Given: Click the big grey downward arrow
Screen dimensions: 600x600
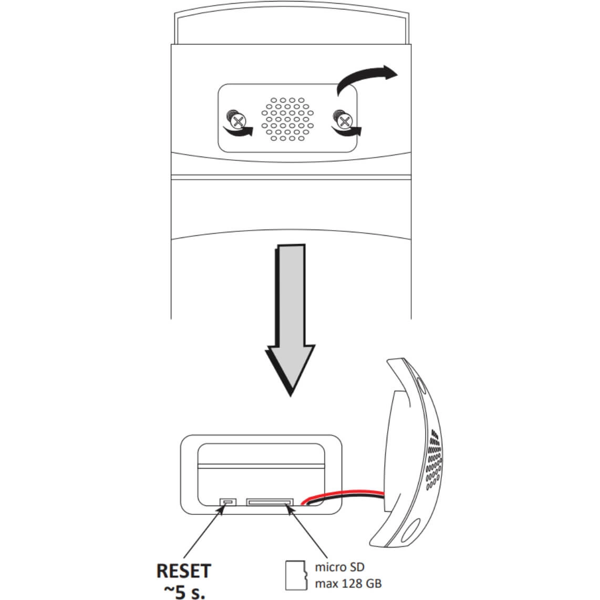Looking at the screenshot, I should coord(291,315).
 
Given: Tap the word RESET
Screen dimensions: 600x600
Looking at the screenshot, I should coord(184,571).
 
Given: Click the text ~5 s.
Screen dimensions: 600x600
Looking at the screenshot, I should coord(184,591).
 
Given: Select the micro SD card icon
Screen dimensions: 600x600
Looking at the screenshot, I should coord(295,574).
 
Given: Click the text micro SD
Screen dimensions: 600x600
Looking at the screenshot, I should coord(339,567).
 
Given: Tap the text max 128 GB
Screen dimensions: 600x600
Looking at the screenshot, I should coord(348,583).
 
